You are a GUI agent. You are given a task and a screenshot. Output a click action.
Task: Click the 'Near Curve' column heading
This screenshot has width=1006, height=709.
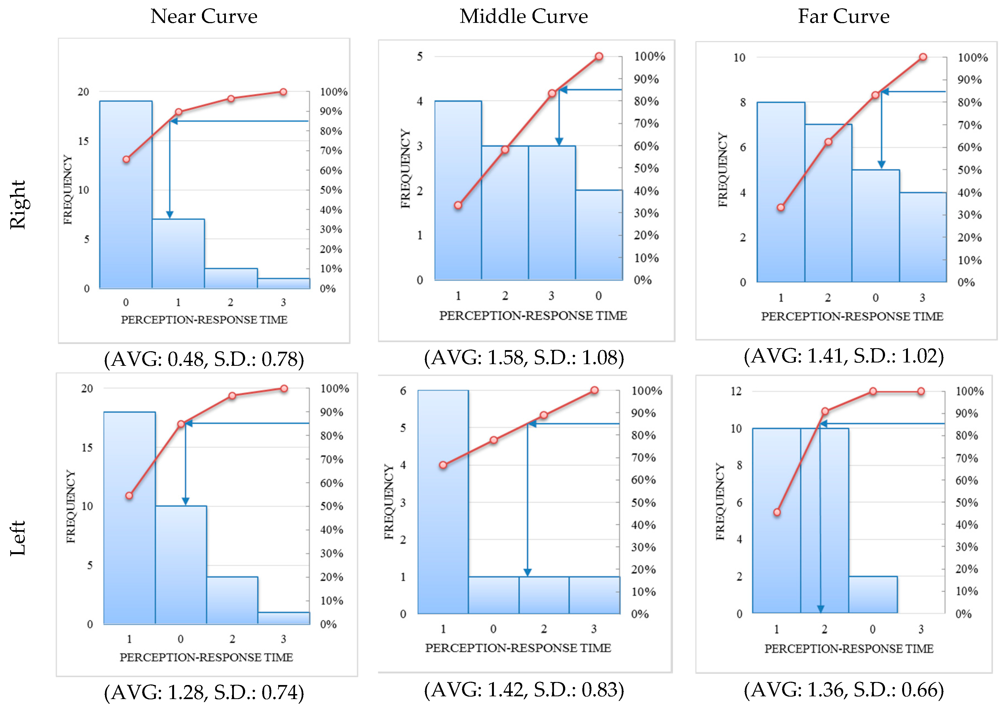coord(204,17)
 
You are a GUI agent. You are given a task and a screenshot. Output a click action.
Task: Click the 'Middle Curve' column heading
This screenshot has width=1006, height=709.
coord(524,17)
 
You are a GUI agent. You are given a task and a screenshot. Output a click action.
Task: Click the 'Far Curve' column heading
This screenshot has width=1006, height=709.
coord(843,17)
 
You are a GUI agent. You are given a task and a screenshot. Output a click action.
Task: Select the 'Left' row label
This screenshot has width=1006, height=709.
coord(18,538)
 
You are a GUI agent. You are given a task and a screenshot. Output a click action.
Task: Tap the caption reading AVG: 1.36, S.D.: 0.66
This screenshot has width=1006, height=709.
coord(843,690)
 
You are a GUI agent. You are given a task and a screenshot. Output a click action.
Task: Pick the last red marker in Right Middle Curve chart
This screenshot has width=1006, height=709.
coord(599,56)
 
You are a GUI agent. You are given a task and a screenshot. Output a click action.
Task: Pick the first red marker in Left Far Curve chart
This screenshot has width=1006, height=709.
coord(777,512)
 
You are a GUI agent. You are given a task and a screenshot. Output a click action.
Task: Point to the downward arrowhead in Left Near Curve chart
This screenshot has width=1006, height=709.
coord(185,501)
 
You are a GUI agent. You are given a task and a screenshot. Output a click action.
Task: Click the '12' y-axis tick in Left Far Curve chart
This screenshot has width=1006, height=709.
coord(736,391)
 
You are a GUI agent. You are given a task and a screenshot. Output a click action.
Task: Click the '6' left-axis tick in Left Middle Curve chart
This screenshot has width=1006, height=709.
coord(403,391)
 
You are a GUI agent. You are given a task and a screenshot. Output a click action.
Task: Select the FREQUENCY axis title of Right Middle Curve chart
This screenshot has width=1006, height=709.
coord(405,168)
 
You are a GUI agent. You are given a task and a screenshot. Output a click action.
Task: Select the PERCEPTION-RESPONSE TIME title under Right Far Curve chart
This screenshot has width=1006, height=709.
coord(852,316)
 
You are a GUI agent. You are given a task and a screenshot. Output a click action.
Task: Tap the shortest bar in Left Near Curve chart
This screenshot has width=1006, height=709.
coord(283,618)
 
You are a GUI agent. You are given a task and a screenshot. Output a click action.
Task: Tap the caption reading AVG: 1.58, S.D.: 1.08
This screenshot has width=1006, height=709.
coord(524,358)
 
